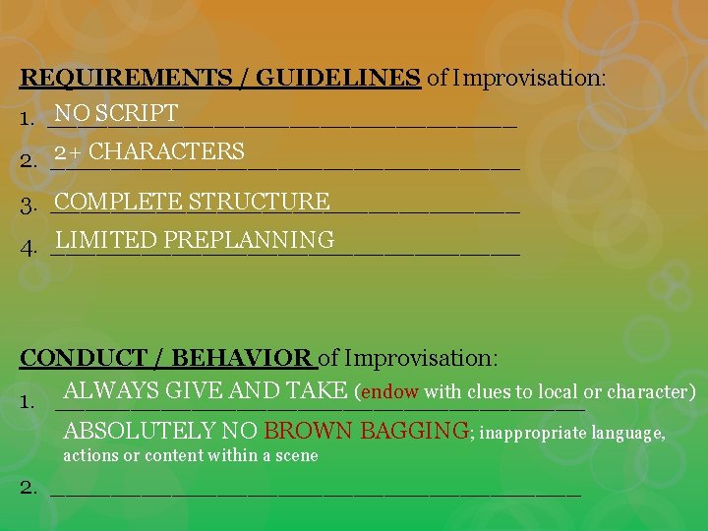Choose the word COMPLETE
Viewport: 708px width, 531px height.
[x=119, y=202]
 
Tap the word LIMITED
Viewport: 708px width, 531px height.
[x=106, y=240]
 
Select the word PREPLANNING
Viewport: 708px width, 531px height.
[x=250, y=240]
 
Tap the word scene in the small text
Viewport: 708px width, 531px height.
[x=296, y=455]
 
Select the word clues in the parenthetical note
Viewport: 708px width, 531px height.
[x=490, y=391]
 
